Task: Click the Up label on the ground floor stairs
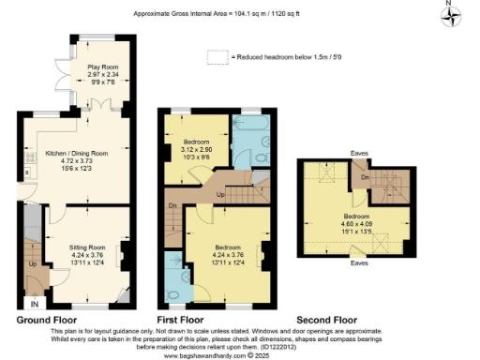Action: (33, 265)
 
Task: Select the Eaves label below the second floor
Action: (359, 263)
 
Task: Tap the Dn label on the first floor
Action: (173, 205)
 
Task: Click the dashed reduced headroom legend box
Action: (217, 57)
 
